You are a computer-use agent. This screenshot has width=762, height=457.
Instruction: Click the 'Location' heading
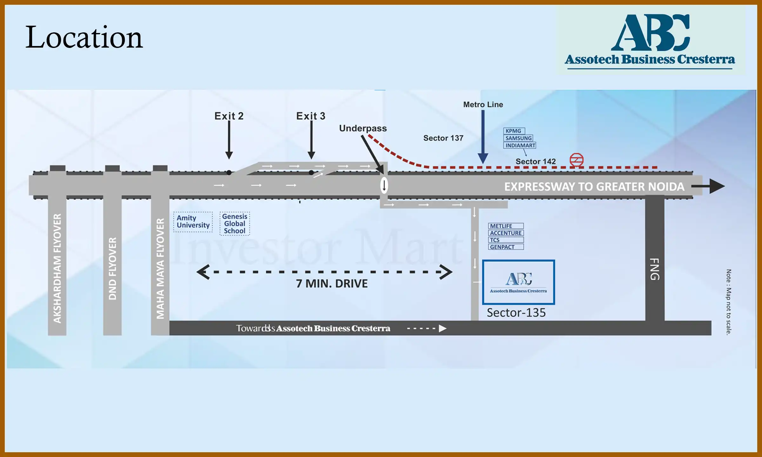[84, 37]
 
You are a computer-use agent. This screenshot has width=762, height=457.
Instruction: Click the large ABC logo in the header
[650, 33]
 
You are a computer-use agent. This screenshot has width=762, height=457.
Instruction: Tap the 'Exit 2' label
[229, 116]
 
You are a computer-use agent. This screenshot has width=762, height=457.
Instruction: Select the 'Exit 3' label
[311, 116]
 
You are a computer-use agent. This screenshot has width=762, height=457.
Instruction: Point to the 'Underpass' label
[363, 128]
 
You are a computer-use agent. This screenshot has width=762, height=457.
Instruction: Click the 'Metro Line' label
[483, 104]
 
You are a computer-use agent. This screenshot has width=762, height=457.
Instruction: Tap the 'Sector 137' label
[443, 138]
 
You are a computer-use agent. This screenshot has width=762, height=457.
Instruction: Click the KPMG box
[514, 131]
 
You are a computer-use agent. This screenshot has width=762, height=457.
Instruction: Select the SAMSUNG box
[518, 138]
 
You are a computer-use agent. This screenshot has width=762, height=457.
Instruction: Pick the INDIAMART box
[520, 145]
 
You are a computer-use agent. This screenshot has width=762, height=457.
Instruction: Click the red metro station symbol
[576, 160]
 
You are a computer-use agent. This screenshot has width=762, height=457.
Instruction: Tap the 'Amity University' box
[193, 222]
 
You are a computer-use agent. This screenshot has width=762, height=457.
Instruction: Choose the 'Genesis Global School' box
[235, 224]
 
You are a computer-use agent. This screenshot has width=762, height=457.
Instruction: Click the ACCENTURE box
[506, 233]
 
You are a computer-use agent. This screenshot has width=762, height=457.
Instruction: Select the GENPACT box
[506, 247]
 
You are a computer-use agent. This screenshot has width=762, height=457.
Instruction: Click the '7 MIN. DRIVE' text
[332, 283]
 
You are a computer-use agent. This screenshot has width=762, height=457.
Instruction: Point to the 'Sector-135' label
[516, 313]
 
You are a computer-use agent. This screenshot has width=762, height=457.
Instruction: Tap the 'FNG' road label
[655, 269]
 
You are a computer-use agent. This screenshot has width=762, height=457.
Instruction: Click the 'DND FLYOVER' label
[112, 268]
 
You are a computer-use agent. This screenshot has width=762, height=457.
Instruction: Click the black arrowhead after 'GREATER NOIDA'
[717, 186]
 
